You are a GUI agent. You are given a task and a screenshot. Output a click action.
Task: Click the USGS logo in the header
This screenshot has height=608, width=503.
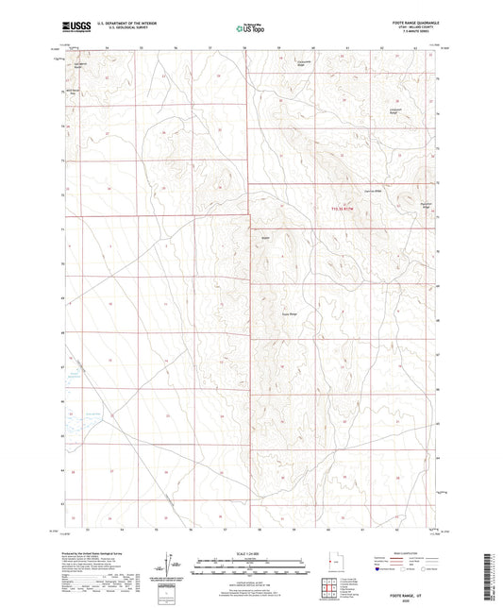point(76,28)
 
